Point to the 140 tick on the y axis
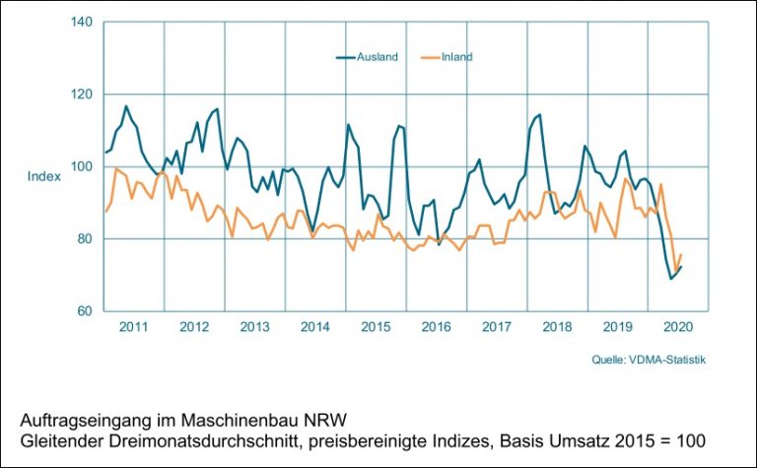tap(81, 22)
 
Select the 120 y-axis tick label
tap(81, 95)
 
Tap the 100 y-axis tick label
tap(81, 167)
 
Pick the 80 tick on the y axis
tap(83, 239)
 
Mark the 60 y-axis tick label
tap(83, 311)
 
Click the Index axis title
tap(44, 176)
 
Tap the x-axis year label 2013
tap(254, 327)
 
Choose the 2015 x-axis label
tap(376, 327)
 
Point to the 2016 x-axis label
tap(436, 327)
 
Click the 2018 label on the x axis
tap(557, 327)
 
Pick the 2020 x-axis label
tap(678, 327)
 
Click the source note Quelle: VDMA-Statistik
tap(648, 361)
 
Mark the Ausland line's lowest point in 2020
tap(671, 279)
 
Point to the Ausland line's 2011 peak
tap(126, 105)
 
